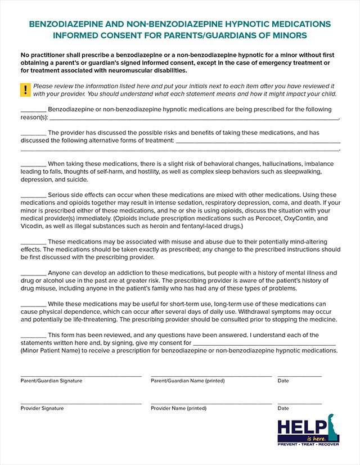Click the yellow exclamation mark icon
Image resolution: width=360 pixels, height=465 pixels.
[x=25, y=89]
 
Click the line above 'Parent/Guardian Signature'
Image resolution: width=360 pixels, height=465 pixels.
[x=81, y=376]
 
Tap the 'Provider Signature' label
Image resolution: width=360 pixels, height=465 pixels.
[x=42, y=408]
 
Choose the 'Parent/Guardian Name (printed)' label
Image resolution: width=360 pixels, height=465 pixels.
[x=187, y=381]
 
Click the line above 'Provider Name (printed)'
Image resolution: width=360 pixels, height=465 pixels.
[x=211, y=403]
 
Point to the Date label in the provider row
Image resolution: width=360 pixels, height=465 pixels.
[x=283, y=408]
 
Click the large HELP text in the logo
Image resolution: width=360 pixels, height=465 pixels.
[x=301, y=426]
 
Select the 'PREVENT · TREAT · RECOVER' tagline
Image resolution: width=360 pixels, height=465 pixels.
[x=308, y=444]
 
